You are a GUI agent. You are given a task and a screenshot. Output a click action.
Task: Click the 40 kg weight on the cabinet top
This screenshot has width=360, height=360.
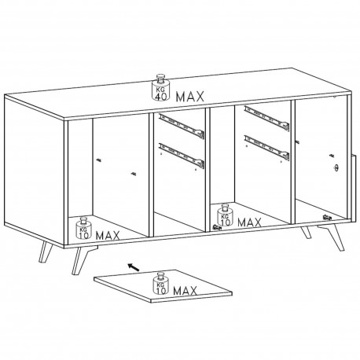coord(160,87)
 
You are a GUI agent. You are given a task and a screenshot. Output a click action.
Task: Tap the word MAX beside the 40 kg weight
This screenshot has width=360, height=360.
coord(190,97)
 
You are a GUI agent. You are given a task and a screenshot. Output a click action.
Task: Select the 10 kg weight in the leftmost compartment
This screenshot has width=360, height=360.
coord(83,228)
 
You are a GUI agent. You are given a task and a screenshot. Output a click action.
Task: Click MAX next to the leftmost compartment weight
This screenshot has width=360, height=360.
coord(108,236)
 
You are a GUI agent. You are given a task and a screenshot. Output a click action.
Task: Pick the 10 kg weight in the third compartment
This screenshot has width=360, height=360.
coord(225,215)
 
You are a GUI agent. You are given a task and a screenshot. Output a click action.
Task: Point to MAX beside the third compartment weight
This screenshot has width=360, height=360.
coord(249,222)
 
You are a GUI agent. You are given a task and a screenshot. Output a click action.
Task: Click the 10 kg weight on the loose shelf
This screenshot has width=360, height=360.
coord(160,284)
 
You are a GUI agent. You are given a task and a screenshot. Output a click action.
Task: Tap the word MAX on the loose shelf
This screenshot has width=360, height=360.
coord(185,291)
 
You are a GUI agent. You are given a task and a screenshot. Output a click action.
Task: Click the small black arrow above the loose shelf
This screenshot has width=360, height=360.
coord(134,267)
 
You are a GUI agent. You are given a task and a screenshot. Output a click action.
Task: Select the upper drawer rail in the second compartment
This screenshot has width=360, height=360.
coord(182,127)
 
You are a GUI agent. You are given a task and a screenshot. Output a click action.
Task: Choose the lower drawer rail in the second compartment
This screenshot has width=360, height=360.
coord(182,155)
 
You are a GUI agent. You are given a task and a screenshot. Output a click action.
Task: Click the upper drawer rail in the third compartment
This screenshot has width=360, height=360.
coord(266,119)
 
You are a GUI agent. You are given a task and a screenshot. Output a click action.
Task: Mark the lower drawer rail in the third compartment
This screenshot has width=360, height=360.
coord(266,148)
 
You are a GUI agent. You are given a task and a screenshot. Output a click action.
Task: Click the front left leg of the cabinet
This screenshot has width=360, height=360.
coord(79,260)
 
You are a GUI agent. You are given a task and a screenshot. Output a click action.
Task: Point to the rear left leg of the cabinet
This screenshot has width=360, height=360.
coord(45,252)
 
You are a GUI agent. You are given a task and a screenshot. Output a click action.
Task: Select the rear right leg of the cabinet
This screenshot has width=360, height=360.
coord(306,233)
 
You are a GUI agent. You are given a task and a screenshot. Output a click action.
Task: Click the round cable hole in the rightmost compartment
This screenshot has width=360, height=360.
coord(336,167)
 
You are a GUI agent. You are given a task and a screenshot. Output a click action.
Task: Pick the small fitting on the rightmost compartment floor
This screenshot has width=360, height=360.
coord(328,217)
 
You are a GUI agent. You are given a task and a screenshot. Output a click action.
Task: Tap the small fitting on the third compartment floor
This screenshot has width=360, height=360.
coord(218,227)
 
